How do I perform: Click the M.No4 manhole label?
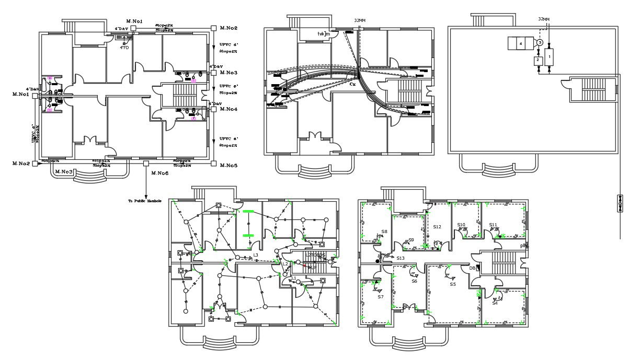click(228, 109)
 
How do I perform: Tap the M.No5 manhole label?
click(228, 165)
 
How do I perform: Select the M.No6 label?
click(159, 173)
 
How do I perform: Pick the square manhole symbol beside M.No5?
click(213, 164)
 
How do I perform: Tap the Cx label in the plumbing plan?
click(352, 84)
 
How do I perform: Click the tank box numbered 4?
click(521, 43)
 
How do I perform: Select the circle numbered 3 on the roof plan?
click(540, 42)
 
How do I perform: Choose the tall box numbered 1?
click(548, 55)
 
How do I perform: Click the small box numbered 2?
click(537, 60)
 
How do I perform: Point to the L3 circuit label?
click(256, 256)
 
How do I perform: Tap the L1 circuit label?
click(293, 278)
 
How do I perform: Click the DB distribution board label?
click(472, 268)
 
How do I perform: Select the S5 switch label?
click(453, 284)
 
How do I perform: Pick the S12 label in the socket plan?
click(438, 227)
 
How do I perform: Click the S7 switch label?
click(381, 297)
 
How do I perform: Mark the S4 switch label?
click(495, 303)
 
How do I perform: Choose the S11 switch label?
click(493, 225)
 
